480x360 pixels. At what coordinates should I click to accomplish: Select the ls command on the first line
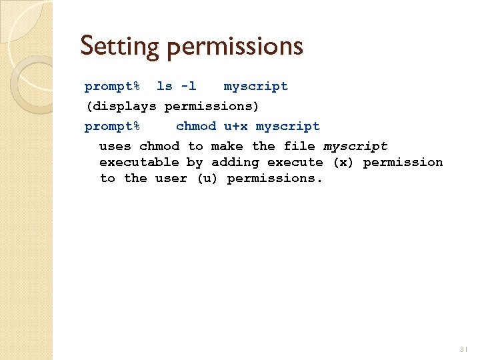[164, 86]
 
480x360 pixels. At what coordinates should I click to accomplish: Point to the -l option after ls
[189, 86]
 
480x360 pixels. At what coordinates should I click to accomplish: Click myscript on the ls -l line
[256, 86]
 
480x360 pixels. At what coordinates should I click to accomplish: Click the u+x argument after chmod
[236, 126]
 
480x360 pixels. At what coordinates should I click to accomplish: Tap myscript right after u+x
[288, 126]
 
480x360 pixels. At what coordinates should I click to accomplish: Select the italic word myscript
[355, 146]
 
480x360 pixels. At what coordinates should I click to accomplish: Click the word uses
[115, 146]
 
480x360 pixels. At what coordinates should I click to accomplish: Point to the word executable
[139, 162]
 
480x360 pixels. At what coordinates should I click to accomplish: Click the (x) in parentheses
[343, 162]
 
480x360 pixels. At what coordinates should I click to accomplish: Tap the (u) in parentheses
[207, 178]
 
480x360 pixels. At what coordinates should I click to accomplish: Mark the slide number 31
[464, 349]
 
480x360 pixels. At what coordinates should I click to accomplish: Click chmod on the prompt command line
[196, 126]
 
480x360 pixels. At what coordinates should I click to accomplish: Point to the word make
[227, 146]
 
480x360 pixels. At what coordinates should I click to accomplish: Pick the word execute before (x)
[295, 162]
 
